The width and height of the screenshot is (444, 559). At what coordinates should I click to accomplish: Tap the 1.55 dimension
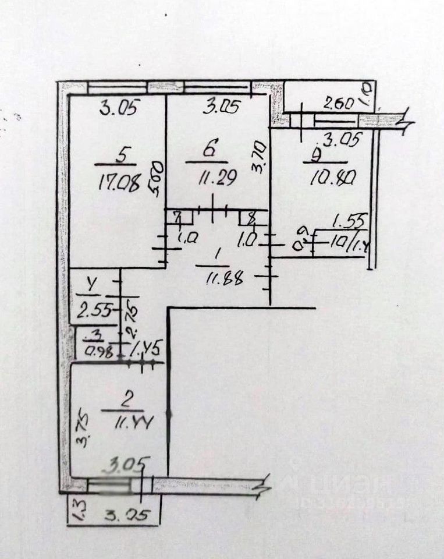tap(343, 221)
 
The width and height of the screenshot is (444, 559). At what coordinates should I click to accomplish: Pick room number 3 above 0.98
tap(94, 336)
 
